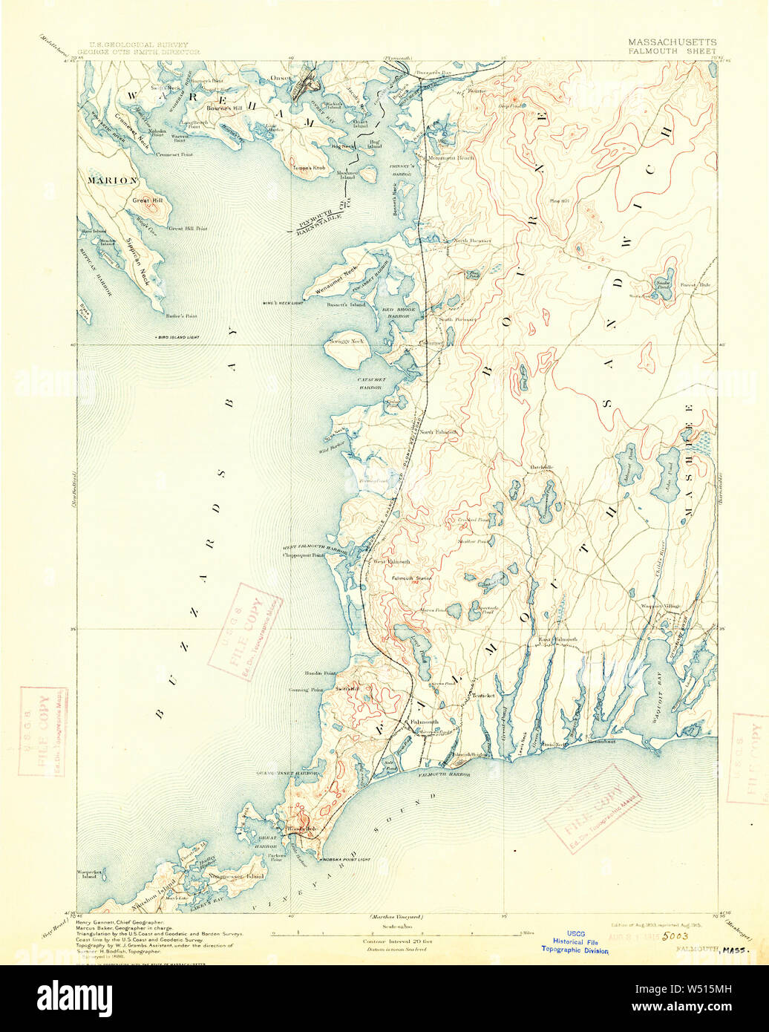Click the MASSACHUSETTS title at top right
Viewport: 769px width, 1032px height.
coord(672,43)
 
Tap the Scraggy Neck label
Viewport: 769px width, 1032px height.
coord(346,342)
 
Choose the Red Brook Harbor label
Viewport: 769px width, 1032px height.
coord(396,312)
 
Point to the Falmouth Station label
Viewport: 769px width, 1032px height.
coord(412,578)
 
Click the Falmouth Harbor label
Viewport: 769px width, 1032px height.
coord(444,774)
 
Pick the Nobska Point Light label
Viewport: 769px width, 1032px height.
coord(344,859)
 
